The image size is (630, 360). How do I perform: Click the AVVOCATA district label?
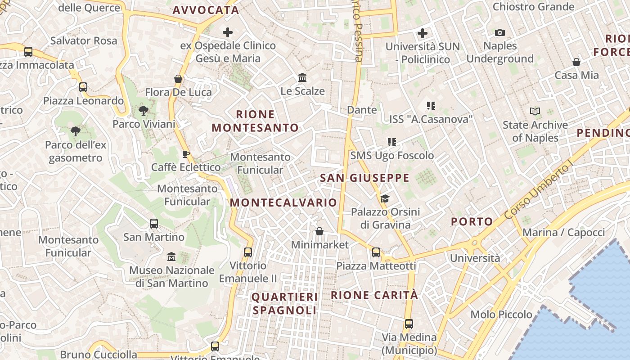[x=206, y=10]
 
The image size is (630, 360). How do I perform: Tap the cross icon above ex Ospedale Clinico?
[x=228, y=32]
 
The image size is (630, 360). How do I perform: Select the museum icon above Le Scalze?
[x=302, y=78]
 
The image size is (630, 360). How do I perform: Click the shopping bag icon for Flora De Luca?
[x=178, y=79]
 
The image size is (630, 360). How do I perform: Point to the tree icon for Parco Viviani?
[x=144, y=110]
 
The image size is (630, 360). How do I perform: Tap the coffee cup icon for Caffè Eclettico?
[x=185, y=154]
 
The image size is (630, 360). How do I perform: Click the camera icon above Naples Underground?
[x=499, y=32]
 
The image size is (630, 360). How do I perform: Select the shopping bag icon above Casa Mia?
[x=576, y=62]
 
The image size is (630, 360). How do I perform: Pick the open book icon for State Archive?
[x=535, y=111]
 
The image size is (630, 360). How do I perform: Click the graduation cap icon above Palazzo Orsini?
[x=385, y=198]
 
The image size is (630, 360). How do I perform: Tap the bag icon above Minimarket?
[x=319, y=231]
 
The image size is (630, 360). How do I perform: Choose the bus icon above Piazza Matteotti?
[x=376, y=252]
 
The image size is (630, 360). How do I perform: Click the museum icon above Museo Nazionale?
[x=171, y=257]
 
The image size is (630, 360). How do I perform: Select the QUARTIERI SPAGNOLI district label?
[x=284, y=303]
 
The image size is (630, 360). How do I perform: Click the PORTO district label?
[x=472, y=221]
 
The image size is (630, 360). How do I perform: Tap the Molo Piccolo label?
[x=501, y=314]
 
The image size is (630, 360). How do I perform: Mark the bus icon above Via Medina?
[x=409, y=324]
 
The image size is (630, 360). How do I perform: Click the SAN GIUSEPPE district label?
[x=364, y=178]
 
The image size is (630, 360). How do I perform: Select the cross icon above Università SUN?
[x=423, y=33]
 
